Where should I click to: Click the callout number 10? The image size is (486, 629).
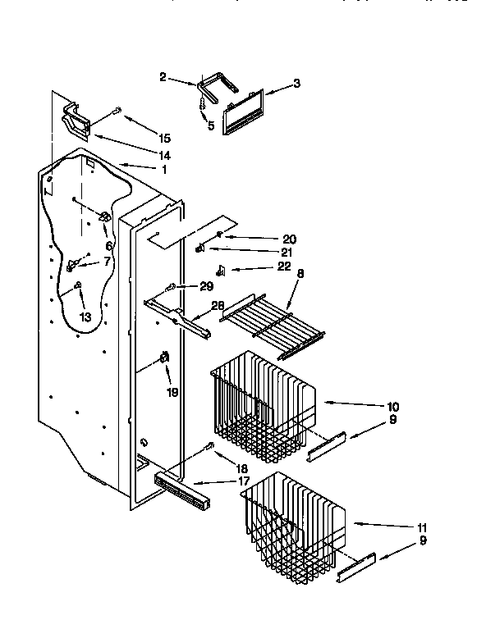tap(393, 406)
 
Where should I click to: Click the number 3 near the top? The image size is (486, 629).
tap(296, 84)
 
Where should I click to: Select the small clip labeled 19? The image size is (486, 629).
tap(163, 358)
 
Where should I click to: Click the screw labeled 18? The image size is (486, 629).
tap(211, 447)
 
